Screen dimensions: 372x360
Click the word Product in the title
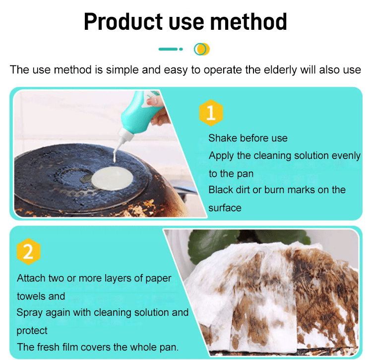click(123, 22)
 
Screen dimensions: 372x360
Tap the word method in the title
click(248, 22)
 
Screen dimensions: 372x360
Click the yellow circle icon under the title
click(202, 49)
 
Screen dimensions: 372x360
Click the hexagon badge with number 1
click(211, 113)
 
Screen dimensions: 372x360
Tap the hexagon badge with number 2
click(28, 251)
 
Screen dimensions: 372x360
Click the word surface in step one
click(225, 208)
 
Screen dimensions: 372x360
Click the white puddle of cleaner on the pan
click(112, 178)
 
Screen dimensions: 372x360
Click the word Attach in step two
click(31, 278)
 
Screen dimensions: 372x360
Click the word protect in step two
click(32, 331)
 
